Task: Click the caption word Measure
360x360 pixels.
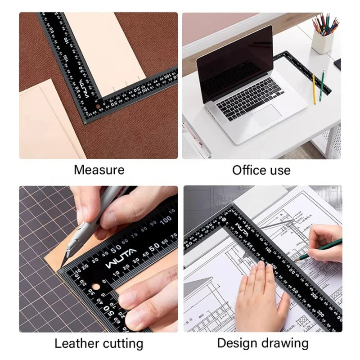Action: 99,170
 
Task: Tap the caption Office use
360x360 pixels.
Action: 261,170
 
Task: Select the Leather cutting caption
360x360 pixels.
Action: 99,344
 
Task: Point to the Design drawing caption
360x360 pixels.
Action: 263,343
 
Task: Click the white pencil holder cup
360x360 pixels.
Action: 323,41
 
